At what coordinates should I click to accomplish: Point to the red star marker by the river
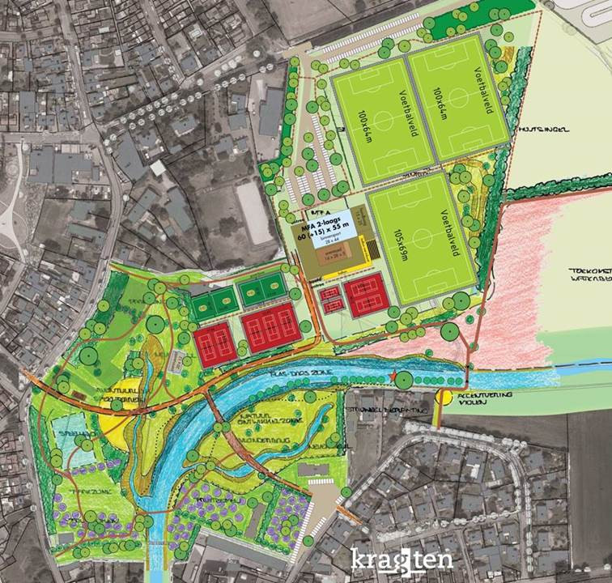pos(395,377)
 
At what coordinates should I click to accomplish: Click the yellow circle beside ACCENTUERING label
pos(444,397)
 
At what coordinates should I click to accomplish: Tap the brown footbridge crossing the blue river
pos(213,405)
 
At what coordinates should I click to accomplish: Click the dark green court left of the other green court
pos(212,304)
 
